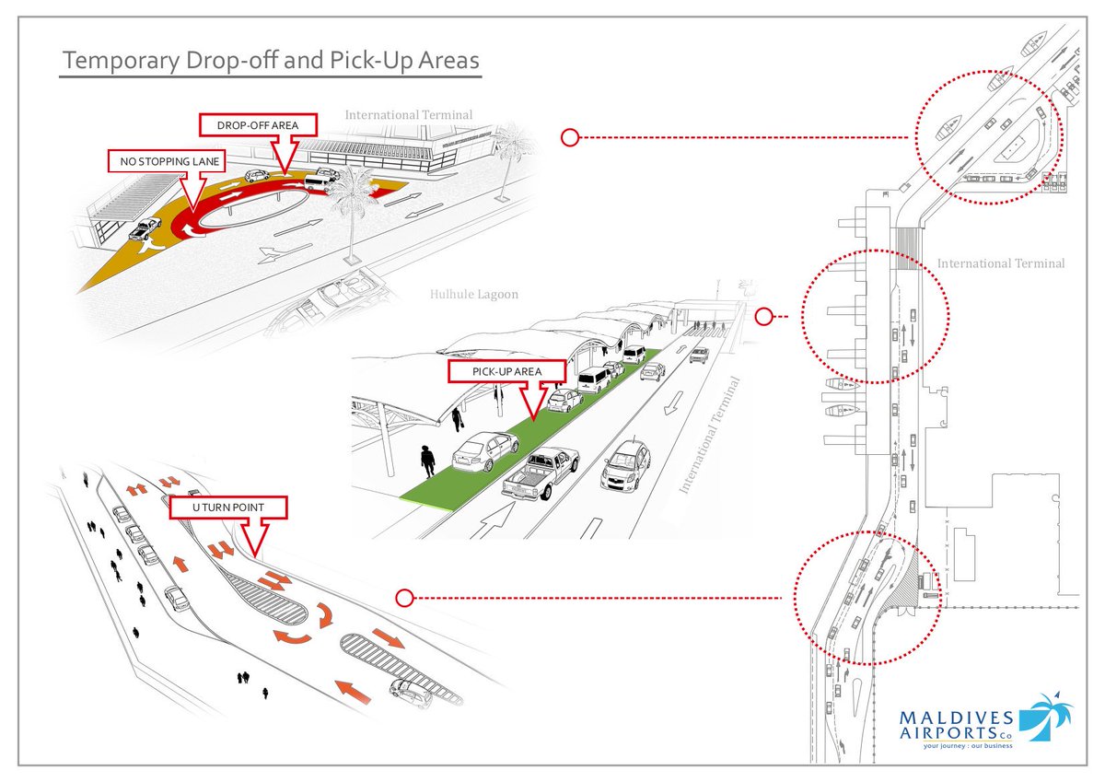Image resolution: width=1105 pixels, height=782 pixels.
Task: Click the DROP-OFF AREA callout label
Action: (x=259, y=124)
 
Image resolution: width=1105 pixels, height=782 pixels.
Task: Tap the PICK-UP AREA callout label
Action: (x=506, y=371)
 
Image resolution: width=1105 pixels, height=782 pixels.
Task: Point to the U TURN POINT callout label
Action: (x=227, y=508)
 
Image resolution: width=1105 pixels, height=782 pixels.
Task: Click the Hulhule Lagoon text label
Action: (x=473, y=295)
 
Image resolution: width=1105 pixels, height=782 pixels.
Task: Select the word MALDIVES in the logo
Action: (x=958, y=718)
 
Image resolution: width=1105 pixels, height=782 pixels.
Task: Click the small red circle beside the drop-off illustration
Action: (x=570, y=138)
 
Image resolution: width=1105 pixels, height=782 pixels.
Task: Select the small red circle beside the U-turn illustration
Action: (x=403, y=598)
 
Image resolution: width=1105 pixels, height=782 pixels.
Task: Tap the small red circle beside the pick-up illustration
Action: (x=762, y=317)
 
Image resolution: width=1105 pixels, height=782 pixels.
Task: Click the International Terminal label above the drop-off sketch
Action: (x=409, y=115)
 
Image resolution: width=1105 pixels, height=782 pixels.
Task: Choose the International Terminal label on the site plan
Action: (x=1001, y=263)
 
